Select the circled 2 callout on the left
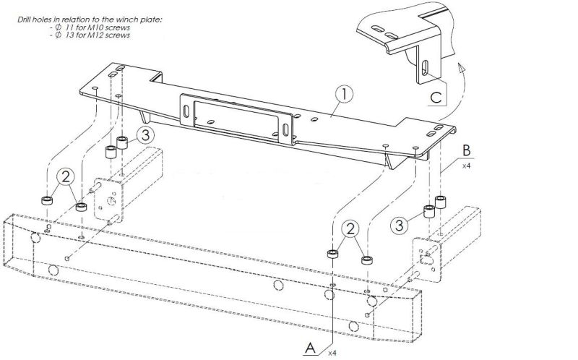[x=66, y=176]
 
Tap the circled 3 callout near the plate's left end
[x=145, y=134]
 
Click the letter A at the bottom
[x=311, y=346]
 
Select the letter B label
[x=467, y=151]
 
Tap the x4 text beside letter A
[x=332, y=353]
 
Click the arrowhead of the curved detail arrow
[x=460, y=66]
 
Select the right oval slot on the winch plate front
[x=288, y=130]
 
